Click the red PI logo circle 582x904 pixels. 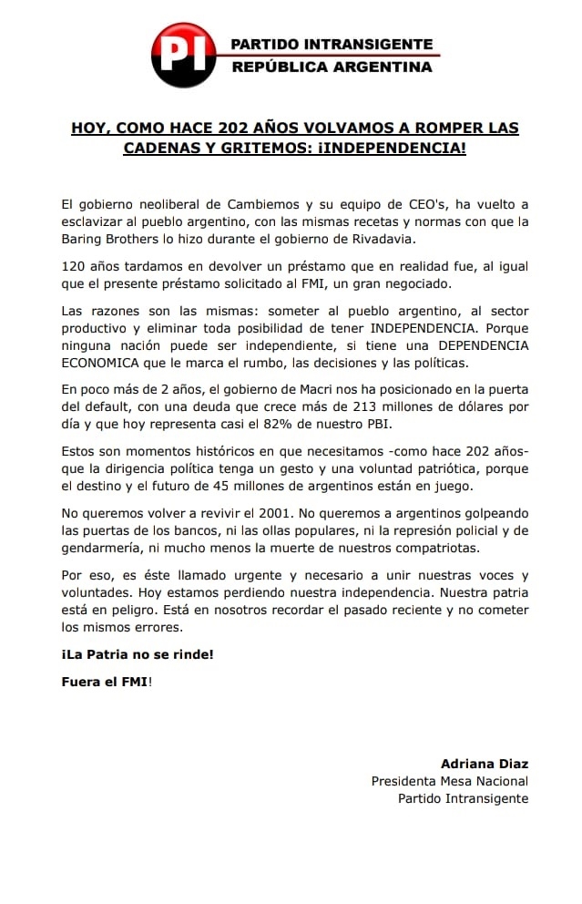click(x=183, y=55)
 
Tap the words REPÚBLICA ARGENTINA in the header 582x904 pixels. click(x=332, y=67)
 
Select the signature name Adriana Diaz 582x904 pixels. click(x=484, y=764)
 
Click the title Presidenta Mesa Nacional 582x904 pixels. click(x=449, y=781)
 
